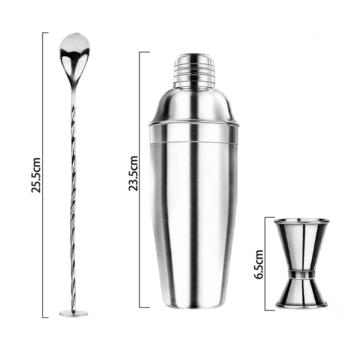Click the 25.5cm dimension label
pos(36,175)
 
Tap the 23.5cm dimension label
pos(133,173)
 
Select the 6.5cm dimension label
pos(258,264)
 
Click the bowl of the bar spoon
pos(74,54)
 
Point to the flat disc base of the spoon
pos(73,313)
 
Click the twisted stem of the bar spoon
pos(73,198)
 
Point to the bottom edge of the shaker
pos(194,307)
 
